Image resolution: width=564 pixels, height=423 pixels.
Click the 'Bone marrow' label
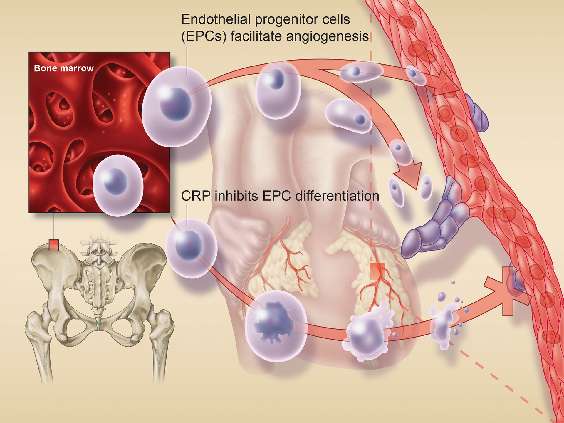[x=64, y=68]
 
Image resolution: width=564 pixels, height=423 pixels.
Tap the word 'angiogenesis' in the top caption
[x=327, y=36]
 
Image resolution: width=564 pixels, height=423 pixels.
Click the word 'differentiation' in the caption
[x=337, y=196]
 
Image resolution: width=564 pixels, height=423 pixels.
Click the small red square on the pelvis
[x=54, y=245]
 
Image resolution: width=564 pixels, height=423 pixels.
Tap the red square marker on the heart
[x=377, y=271]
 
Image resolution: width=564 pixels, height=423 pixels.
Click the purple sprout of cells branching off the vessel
[x=435, y=223]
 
